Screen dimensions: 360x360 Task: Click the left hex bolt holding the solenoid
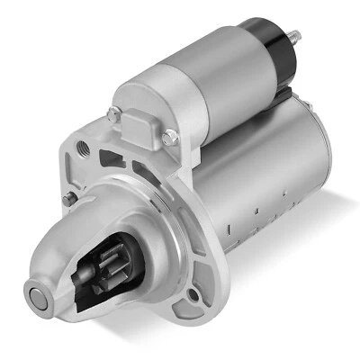tap(113, 114)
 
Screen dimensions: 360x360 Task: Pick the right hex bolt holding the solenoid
tap(170, 138)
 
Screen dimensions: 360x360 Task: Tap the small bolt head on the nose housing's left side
tap(68, 200)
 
